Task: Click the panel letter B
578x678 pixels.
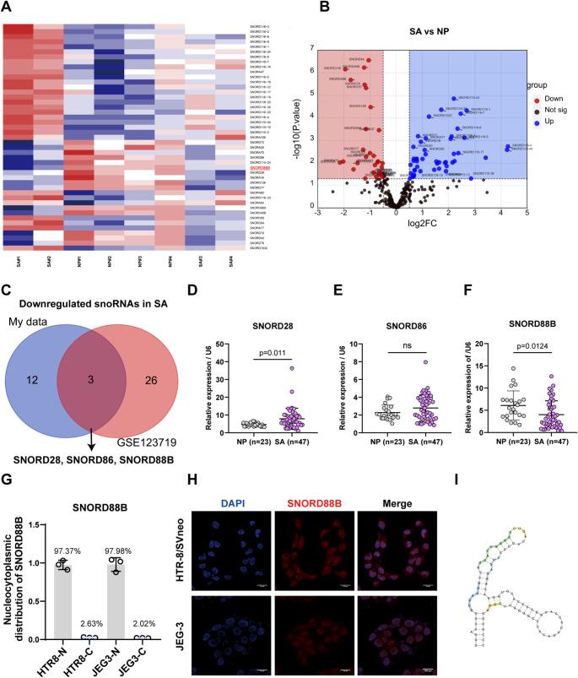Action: point(296,9)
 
